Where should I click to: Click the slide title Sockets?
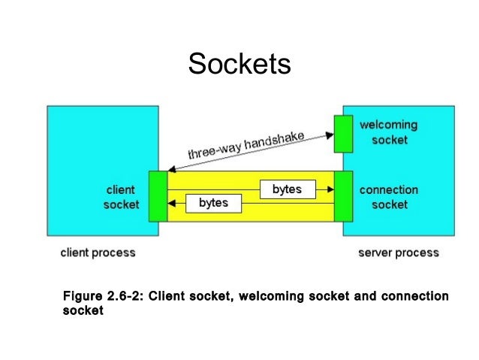tap(239, 64)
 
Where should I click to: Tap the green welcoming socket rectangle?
tap(343, 133)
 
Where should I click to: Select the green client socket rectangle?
tap(158, 196)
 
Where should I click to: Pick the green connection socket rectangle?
tap(343, 196)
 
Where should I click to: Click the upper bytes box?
tap(287, 189)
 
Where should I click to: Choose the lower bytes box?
tap(213, 203)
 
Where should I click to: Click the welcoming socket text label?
tap(389, 132)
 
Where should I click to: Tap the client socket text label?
tap(121, 197)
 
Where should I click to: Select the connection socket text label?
tap(389, 197)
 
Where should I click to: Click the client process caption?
tap(98, 253)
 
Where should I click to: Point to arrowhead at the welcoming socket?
tap(331, 135)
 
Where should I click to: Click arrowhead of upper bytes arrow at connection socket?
tap(330, 189)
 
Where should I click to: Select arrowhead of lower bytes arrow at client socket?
tap(171, 203)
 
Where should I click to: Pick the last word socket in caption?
tap(82, 310)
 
